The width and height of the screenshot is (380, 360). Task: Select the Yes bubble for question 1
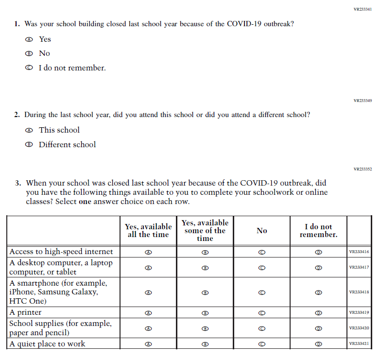coord(29,39)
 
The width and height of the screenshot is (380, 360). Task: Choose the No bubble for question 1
coord(29,53)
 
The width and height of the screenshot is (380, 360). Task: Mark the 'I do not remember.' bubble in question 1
coord(29,68)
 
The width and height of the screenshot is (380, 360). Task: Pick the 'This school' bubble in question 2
coord(29,130)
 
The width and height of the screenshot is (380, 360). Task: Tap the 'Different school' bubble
coord(29,145)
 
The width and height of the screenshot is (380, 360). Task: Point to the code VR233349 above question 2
coord(363,101)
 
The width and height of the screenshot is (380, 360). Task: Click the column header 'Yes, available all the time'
coord(148,230)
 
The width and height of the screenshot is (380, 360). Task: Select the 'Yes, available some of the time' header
coord(205,230)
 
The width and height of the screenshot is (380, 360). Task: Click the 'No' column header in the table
coord(262,231)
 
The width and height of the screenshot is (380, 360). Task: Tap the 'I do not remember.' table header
coord(318,230)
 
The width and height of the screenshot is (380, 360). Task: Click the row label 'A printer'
coord(26,312)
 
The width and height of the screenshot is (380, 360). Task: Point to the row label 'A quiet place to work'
coord(47,344)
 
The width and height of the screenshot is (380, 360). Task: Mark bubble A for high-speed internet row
coord(149,252)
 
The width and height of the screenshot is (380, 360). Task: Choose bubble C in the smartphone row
coord(262,292)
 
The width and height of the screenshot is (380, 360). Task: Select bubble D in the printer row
coord(319,313)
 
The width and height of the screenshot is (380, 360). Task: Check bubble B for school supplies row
coord(205,328)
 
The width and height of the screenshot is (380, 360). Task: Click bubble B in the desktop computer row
coord(205,268)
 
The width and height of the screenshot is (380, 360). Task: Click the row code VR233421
coord(359,344)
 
